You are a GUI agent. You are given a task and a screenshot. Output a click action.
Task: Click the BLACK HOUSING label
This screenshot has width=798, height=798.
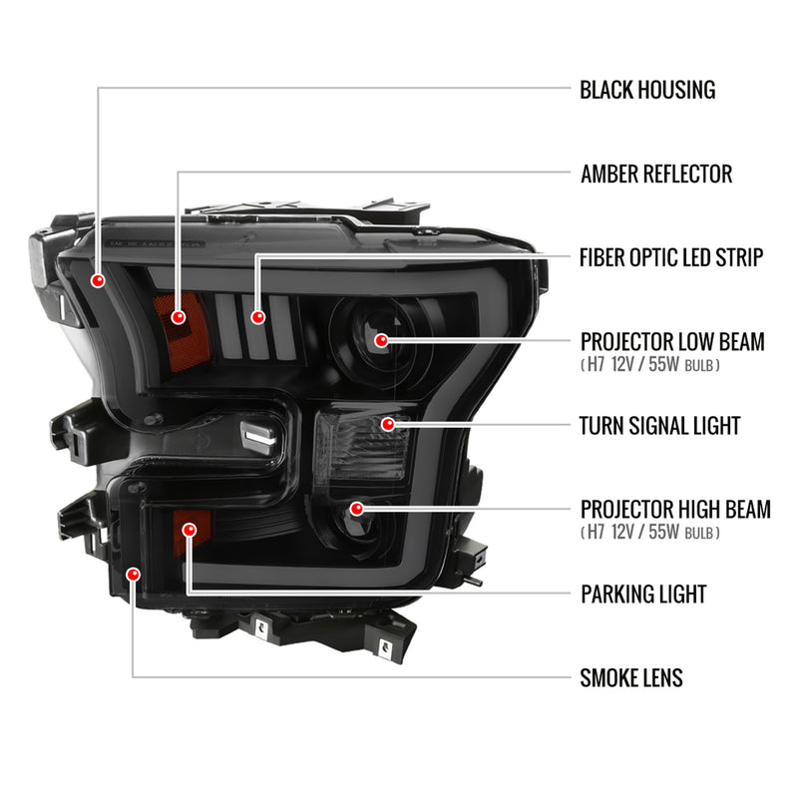(x=647, y=90)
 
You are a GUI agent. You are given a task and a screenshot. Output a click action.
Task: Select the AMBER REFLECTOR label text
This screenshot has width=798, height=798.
(x=655, y=175)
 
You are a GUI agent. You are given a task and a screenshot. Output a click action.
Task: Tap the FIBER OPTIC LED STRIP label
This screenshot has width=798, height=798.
(x=671, y=257)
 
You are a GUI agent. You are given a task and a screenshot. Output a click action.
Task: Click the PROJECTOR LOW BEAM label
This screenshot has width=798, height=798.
(x=671, y=342)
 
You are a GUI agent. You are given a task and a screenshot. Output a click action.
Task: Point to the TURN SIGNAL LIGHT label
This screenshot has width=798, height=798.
(x=660, y=426)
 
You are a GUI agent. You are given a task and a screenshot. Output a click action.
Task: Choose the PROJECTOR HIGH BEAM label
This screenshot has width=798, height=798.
(x=674, y=510)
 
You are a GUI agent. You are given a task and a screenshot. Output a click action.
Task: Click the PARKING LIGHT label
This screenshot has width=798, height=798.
(x=642, y=595)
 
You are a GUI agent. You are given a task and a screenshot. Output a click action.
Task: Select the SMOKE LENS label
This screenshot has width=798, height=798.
(x=631, y=679)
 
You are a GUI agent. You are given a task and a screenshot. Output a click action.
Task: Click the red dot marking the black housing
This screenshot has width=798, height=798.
(x=99, y=281)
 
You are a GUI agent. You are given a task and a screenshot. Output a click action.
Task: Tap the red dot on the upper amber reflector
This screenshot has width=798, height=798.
(x=179, y=317)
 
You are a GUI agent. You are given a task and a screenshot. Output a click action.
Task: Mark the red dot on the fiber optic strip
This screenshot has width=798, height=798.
(x=258, y=317)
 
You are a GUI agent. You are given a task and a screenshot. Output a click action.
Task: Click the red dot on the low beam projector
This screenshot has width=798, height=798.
(x=381, y=341)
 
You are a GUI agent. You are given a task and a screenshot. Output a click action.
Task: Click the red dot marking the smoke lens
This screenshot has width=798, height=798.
(x=134, y=573)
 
